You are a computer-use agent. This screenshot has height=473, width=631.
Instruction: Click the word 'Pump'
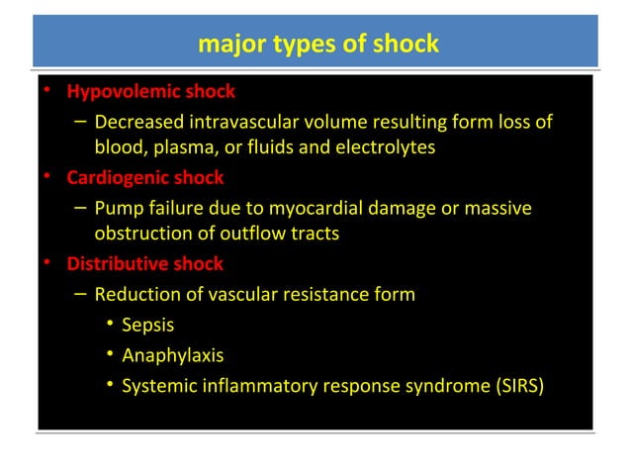click(116, 209)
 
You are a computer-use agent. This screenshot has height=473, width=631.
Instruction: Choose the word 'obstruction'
click(139, 235)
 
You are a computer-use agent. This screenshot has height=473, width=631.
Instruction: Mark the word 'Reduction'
click(135, 295)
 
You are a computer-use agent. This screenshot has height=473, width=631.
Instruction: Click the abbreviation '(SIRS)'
click(516, 385)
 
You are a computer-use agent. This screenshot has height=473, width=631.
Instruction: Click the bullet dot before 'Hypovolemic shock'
click(45, 93)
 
